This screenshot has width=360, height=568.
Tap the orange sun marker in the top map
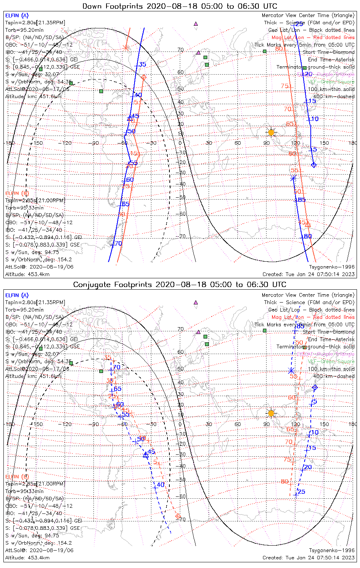point(271,132)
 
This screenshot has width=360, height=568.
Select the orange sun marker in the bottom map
point(271,413)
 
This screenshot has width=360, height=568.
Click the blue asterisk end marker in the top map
point(293,178)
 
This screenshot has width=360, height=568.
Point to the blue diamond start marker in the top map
point(313,165)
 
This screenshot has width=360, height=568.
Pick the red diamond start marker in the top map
point(144,78)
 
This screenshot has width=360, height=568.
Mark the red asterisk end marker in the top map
point(126,48)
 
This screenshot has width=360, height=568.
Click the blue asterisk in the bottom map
point(291,371)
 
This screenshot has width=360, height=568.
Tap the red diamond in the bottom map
point(178,516)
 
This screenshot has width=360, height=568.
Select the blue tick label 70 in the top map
point(118,243)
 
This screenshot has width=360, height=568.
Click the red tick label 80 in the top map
point(279,48)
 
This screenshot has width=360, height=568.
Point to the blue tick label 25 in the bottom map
point(301,492)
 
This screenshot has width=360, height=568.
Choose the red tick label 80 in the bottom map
point(285,482)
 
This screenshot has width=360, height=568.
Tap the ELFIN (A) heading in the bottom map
point(17,295)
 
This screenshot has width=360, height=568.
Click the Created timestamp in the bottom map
point(308,557)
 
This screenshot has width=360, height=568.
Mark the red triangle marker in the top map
point(308,224)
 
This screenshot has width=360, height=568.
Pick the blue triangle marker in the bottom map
point(146,455)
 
